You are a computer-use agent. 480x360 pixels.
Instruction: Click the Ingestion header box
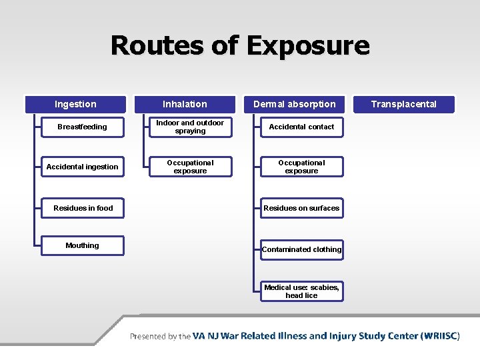[75, 104]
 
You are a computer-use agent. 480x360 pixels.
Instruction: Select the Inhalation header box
[185, 104]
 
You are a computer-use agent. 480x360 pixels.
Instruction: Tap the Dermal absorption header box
[295, 104]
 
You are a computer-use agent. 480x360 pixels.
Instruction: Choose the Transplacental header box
[404, 104]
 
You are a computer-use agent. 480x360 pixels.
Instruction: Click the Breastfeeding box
[82, 127]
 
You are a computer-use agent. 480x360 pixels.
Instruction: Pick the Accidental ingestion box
[82, 167]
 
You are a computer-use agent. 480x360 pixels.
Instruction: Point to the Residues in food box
[83, 208]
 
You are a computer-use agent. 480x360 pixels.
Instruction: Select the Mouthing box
[82, 245]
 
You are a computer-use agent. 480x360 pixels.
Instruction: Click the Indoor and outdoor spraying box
[190, 127]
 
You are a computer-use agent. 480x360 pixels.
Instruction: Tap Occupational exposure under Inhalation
[190, 167]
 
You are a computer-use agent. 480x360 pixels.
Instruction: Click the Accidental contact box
[301, 127]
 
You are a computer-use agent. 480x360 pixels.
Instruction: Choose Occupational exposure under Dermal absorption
[301, 167]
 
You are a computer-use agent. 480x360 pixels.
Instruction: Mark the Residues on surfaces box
[301, 208]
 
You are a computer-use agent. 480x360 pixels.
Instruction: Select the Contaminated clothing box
[301, 249]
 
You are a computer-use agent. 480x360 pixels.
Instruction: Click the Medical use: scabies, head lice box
[301, 291]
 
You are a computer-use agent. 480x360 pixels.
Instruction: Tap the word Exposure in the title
[307, 45]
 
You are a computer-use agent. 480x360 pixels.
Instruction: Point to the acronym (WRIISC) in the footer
[440, 336]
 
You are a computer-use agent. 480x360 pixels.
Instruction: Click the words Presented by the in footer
[160, 337]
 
